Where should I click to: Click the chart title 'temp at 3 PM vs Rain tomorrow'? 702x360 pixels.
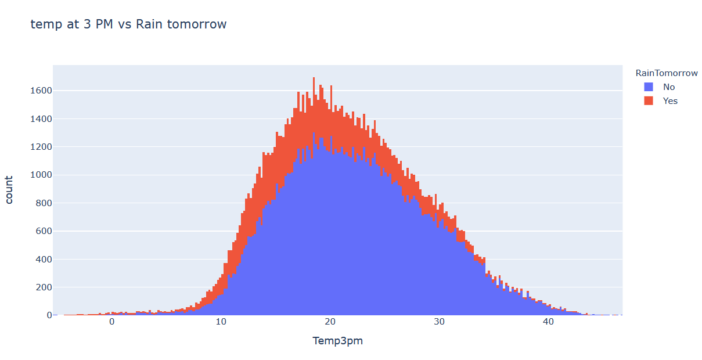coord(128,24)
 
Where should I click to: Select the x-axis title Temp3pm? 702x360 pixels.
coord(337,341)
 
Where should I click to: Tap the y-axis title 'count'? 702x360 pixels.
coord(10,190)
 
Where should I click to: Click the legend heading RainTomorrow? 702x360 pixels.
coord(667,73)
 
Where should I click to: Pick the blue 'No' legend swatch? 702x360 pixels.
coord(649,87)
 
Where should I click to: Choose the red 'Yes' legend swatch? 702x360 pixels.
coord(649,101)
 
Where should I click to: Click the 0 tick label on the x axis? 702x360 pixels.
coord(111,322)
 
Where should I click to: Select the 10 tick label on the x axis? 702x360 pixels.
coord(221,322)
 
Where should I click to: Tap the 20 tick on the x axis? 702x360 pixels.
coord(330,322)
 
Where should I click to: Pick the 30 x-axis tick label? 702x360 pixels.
coord(439,322)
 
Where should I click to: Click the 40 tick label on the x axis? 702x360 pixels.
coord(548,322)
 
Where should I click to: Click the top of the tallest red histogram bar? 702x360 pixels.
coord(314,78)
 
